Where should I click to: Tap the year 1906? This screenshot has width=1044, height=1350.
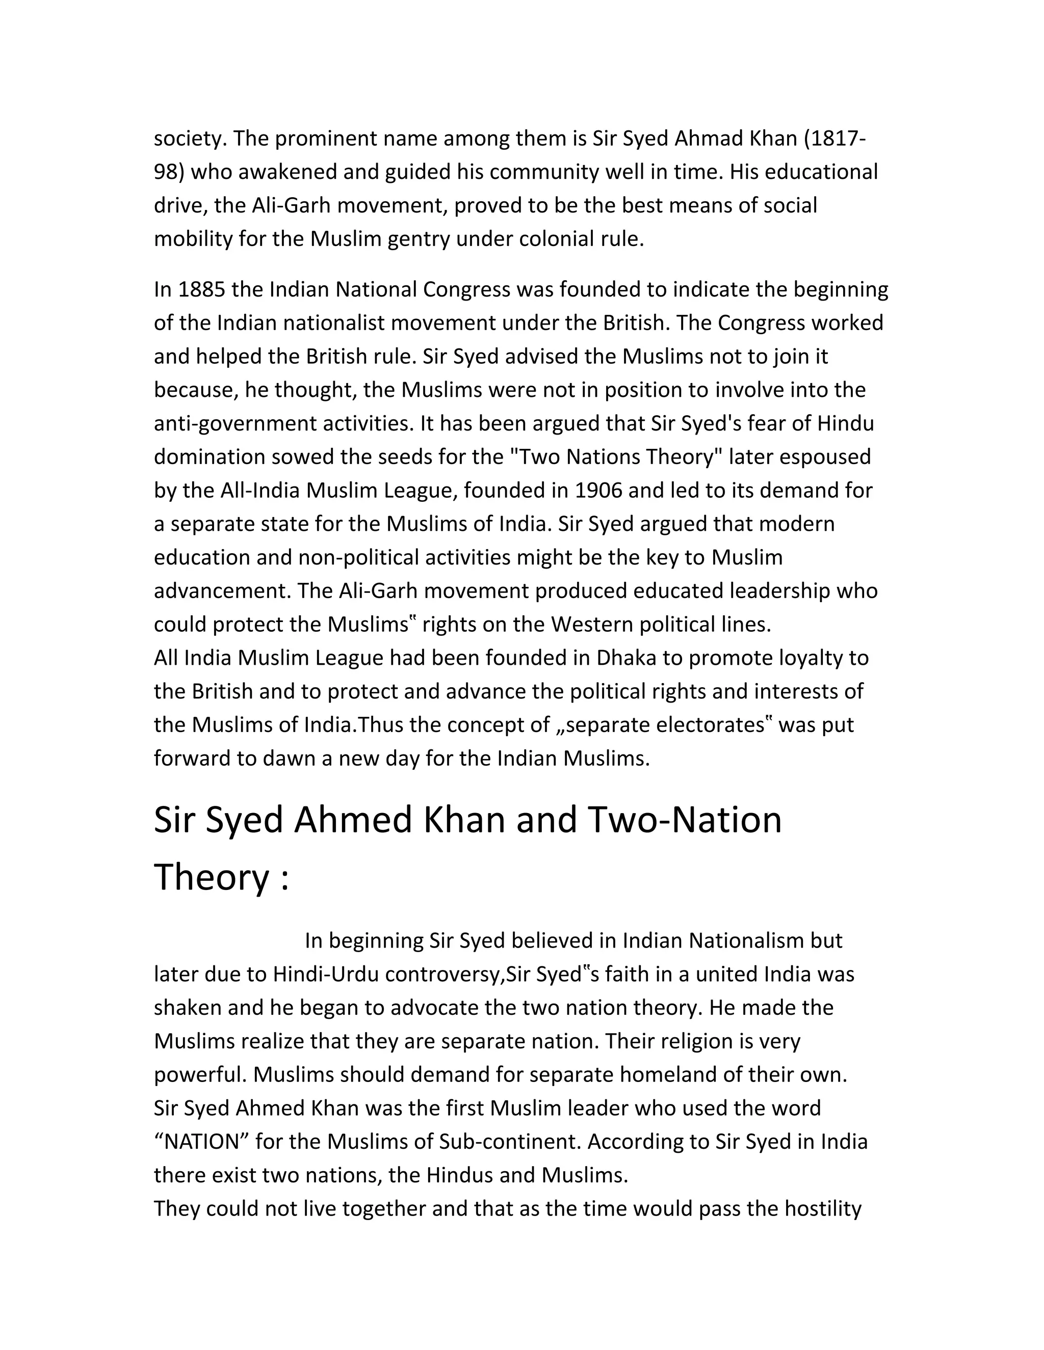click(x=598, y=491)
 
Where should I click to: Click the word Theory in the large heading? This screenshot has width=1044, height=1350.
click(x=211, y=877)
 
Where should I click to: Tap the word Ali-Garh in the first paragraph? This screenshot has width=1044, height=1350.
click(x=284, y=205)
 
